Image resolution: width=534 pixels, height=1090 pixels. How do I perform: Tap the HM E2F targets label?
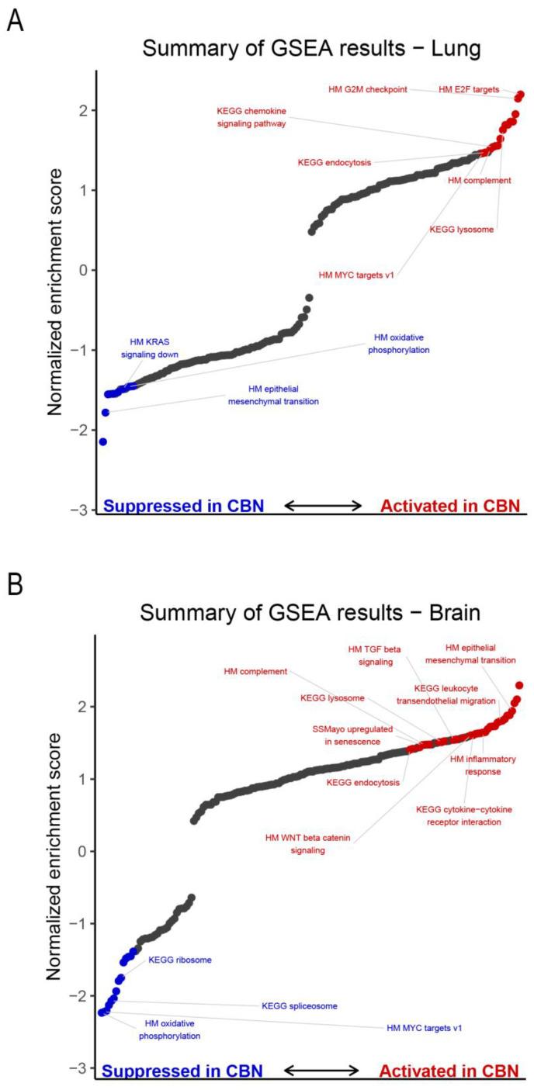point(469,90)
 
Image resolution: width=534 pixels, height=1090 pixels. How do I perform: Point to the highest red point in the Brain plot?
point(519,686)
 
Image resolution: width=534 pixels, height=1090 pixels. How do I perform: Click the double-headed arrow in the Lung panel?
point(323,506)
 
